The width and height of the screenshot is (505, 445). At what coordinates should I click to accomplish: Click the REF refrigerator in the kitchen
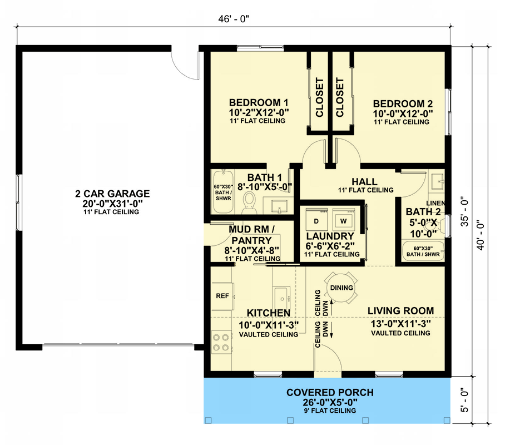click(x=222, y=296)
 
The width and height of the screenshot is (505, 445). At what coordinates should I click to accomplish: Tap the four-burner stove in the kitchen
click(x=221, y=342)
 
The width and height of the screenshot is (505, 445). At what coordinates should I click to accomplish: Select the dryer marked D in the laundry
click(x=316, y=219)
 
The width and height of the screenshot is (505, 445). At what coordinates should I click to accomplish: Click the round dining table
click(x=341, y=288)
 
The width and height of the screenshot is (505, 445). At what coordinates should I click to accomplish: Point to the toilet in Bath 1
click(x=249, y=202)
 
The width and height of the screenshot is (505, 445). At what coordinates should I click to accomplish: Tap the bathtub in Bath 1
click(x=223, y=192)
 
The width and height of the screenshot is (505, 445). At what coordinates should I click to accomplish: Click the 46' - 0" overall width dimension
click(x=234, y=19)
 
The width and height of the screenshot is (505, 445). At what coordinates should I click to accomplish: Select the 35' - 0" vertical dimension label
click(x=464, y=211)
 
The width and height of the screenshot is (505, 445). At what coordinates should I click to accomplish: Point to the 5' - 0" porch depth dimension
click(x=464, y=399)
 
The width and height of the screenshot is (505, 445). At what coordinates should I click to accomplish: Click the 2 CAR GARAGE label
click(x=112, y=194)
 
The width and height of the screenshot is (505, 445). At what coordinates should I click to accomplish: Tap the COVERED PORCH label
click(x=330, y=393)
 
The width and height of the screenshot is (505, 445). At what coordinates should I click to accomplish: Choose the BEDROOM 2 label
click(x=403, y=104)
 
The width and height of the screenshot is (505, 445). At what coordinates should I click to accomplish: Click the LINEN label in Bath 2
click(x=435, y=204)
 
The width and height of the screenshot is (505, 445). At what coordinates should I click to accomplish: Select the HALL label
click(x=364, y=182)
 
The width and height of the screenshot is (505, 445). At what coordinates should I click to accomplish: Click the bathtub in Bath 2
click(x=423, y=251)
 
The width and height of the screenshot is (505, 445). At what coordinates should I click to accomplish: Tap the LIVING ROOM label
click(x=400, y=311)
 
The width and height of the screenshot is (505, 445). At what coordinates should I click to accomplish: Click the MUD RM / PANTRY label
click(x=251, y=235)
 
